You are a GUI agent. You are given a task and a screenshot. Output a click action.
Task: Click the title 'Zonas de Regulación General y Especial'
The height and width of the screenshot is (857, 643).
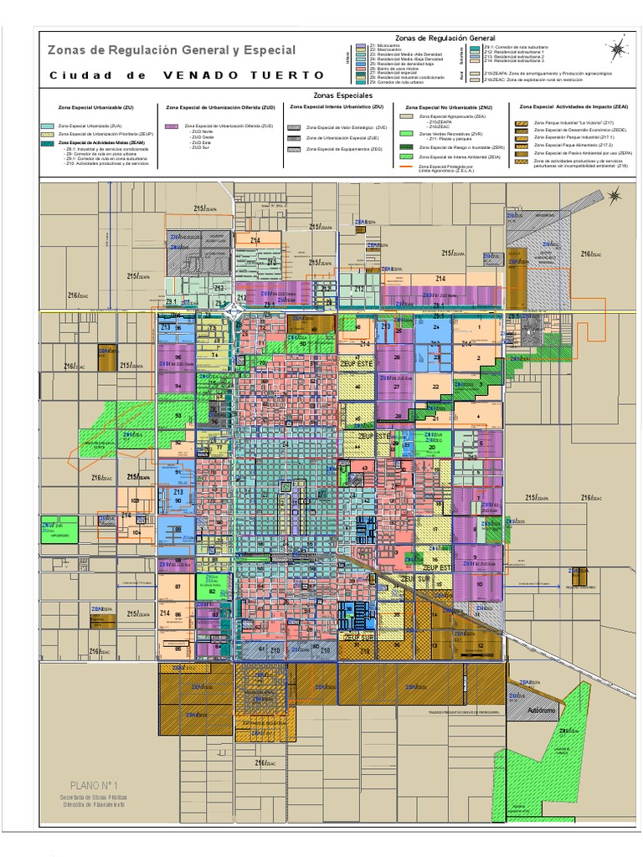point(171,50)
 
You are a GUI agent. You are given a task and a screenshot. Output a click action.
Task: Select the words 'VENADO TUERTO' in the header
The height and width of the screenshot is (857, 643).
point(243,75)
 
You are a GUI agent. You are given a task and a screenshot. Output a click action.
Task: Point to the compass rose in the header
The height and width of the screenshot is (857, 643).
point(617,49)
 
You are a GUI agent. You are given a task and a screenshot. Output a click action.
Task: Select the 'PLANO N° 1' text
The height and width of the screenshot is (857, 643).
point(96,785)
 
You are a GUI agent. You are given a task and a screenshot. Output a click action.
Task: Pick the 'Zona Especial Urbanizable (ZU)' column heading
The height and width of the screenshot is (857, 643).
point(96,108)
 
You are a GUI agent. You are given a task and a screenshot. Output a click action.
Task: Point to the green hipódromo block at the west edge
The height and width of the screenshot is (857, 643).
point(59,529)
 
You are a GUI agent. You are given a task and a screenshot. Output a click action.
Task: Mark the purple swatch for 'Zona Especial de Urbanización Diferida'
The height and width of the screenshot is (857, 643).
point(172,126)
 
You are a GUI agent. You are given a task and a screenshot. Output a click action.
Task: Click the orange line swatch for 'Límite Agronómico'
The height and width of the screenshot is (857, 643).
point(405,167)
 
